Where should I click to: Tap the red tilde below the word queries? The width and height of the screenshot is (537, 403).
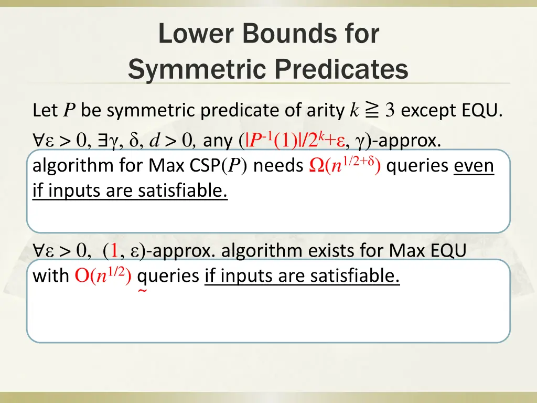pyautogui.click(x=142, y=291)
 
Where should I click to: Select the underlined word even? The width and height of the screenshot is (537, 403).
pyautogui.click(x=474, y=166)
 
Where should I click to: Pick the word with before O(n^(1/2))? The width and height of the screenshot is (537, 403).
pyautogui.click(x=51, y=275)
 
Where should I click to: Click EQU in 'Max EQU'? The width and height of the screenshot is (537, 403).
pyautogui.click(x=447, y=251)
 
